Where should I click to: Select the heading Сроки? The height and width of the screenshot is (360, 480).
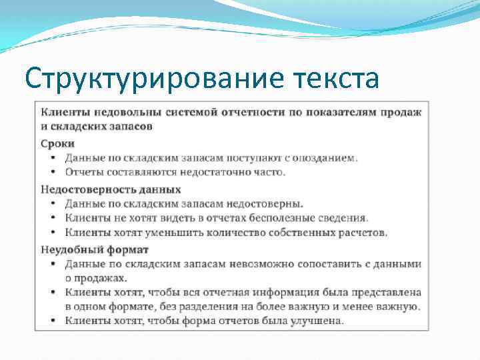click(58, 143)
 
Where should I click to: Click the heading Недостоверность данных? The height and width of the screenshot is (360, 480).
click(111, 189)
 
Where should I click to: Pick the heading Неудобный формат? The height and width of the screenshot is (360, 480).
click(94, 249)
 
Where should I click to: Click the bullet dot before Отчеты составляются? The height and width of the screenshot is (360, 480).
click(53, 173)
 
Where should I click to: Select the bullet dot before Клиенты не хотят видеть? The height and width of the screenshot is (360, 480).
click(53, 219)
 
